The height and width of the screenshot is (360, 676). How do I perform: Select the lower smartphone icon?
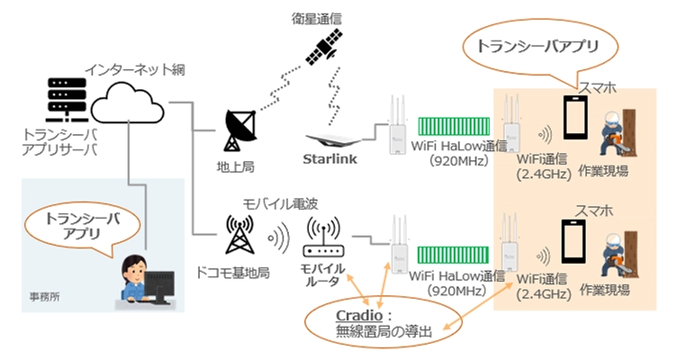click(x=577, y=243)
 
